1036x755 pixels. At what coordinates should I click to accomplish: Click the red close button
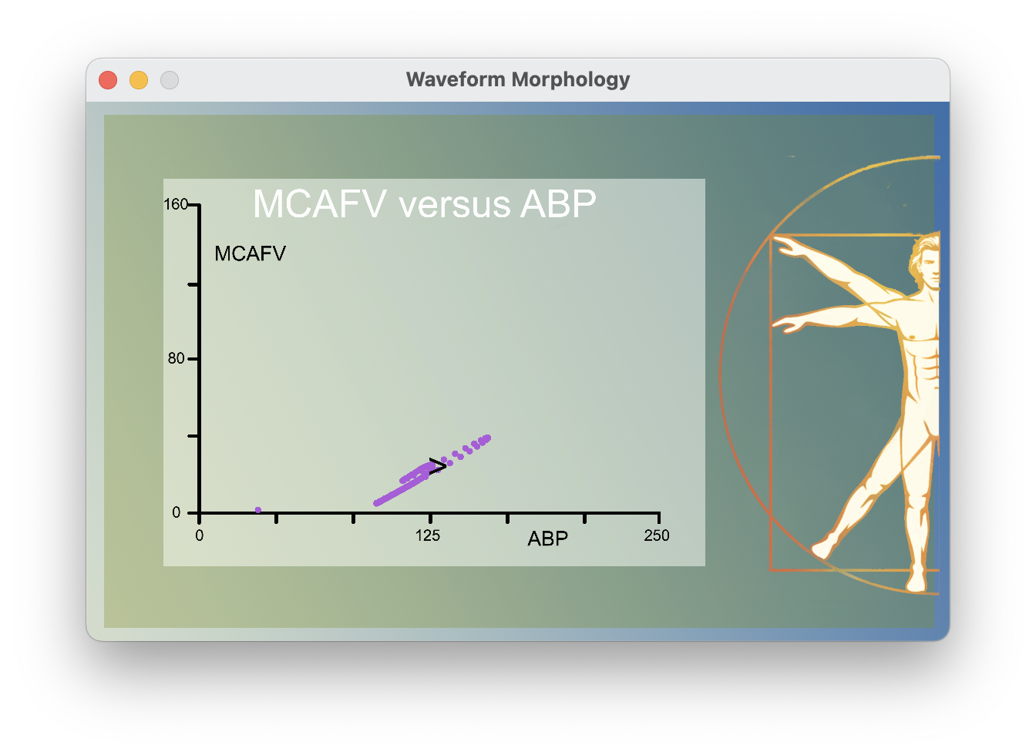[x=108, y=80]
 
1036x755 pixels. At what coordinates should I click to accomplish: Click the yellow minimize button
[x=139, y=80]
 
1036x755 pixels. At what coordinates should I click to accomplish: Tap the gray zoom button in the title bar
[x=170, y=80]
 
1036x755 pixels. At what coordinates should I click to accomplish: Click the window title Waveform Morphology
[x=518, y=79]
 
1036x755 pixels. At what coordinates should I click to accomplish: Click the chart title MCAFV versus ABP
[x=425, y=204]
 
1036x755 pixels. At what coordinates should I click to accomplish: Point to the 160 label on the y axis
[x=176, y=204]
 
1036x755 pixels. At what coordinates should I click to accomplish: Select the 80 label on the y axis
[x=176, y=358]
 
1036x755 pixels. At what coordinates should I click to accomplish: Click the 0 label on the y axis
[x=177, y=512]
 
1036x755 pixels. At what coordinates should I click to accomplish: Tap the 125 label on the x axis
[x=427, y=536]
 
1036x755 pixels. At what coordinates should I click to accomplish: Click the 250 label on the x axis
[x=657, y=535]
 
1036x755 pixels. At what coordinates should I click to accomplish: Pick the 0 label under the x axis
[x=200, y=535]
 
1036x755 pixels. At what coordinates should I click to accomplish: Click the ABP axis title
[x=547, y=539]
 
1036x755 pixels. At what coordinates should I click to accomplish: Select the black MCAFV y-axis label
[x=251, y=253]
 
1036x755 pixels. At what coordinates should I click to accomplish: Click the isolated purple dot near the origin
[x=258, y=510]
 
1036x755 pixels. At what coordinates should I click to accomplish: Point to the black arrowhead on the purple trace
[x=438, y=465]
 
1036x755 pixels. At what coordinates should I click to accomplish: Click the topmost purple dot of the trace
[x=487, y=438]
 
